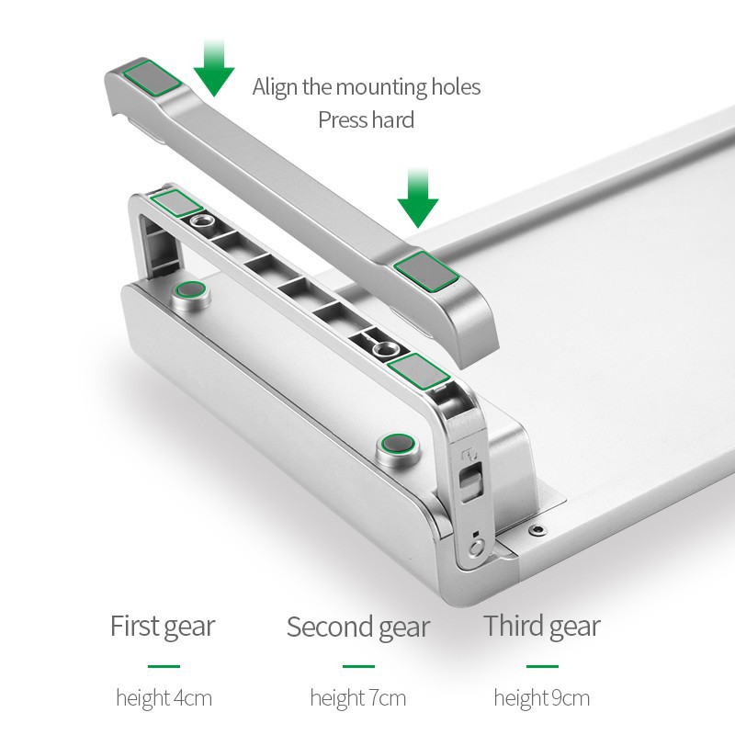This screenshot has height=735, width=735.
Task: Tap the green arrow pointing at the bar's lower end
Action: tap(418, 198)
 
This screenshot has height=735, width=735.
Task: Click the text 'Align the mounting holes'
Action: tap(366, 86)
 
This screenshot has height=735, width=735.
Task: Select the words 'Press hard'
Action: tap(366, 119)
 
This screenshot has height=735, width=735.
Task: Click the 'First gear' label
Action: tap(163, 627)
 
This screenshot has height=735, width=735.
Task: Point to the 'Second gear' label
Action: tap(358, 628)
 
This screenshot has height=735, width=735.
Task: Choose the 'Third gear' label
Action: tap(542, 627)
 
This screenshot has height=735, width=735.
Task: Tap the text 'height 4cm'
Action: tap(164, 698)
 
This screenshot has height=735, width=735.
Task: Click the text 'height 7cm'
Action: tap(358, 698)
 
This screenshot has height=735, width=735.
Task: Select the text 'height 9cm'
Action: tap(542, 698)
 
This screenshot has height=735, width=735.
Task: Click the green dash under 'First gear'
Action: tap(164, 666)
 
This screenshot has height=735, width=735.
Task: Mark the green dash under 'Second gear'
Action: tap(358, 666)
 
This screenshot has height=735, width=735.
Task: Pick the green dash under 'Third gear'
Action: tap(542, 666)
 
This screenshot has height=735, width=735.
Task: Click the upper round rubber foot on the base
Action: tap(190, 290)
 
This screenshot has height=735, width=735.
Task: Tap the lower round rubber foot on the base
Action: tap(398, 444)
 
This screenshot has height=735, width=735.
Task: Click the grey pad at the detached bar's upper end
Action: tap(152, 78)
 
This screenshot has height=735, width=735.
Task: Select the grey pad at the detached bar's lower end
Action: tap(426, 271)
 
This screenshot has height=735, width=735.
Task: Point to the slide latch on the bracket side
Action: tap(471, 481)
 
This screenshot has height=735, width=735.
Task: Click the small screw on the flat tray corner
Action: tap(537, 530)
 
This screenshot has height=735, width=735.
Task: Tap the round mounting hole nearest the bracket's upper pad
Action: tap(201, 220)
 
